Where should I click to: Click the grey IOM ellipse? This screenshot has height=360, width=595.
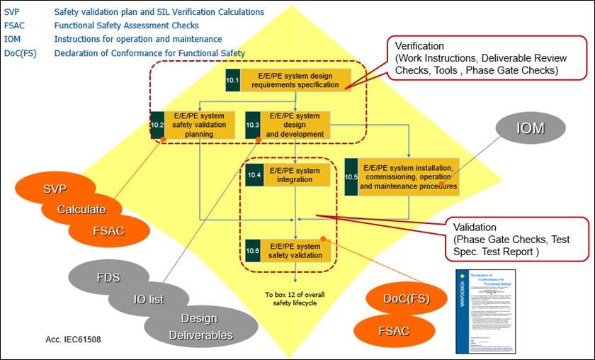530,128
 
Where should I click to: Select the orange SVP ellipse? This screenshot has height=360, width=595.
56,189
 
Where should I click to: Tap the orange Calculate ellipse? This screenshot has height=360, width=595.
82,210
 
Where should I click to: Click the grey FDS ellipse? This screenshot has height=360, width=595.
108,277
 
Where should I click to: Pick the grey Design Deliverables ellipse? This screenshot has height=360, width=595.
198,326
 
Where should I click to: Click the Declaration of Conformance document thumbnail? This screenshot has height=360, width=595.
485,311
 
